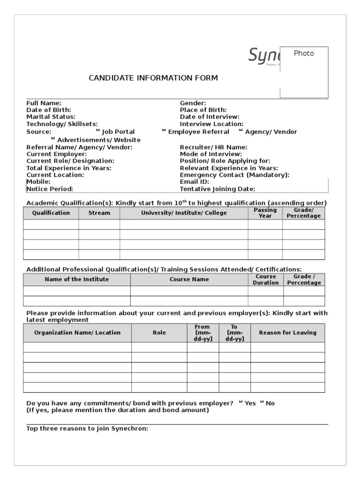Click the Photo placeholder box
point(304,72)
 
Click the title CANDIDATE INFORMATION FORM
point(153,78)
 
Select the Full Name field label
point(44,103)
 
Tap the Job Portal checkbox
point(97,131)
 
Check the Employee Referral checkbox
point(164,131)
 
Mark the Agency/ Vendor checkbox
point(241,131)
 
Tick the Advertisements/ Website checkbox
point(53,139)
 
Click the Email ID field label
point(195,182)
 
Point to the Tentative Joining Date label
point(217,189)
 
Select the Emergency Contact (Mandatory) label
point(234,175)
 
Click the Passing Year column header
point(265,213)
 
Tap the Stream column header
point(99,213)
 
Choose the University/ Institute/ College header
point(184,213)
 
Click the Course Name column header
point(189,279)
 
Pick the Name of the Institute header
point(76,279)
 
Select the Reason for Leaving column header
point(287,333)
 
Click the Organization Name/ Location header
point(77,333)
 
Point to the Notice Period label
point(50,189)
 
